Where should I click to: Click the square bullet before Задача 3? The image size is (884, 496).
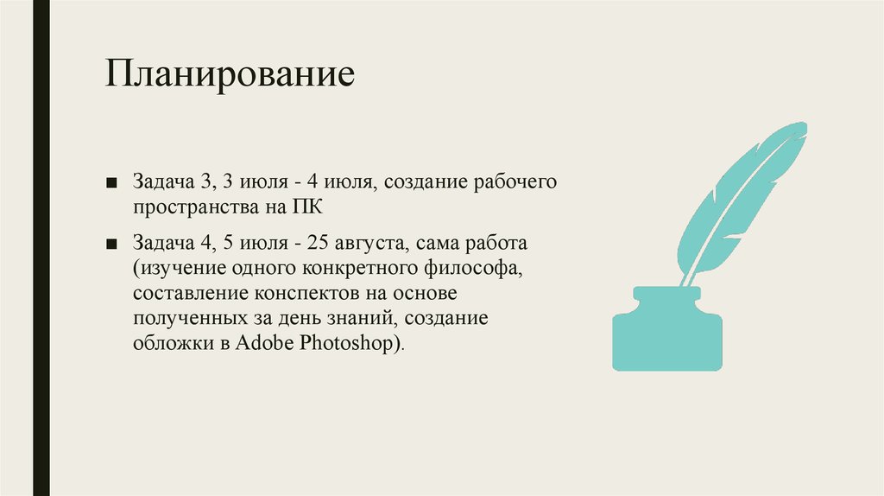point(113,183)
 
